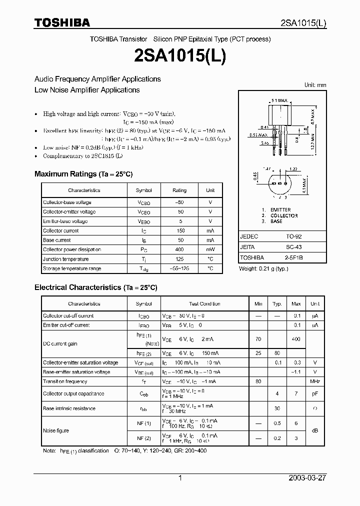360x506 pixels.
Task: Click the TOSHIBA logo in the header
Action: pyautogui.click(x=62, y=22)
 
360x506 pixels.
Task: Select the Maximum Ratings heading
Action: pyautogui.click(x=83, y=174)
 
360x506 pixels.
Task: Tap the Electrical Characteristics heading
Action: pyautogui.click(x=95, y=287)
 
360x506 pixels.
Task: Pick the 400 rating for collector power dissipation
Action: pyautogui.click(x=179, y=249)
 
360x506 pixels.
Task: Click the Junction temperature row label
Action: pyautogui.click(x=65, y=259)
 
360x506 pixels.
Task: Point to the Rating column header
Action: pyautogui.click(x=179, y=190)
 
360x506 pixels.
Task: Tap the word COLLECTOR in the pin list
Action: pyautogui.click(x=283, y=215)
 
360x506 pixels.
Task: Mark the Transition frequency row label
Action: pyautogui.click(x=65, y=381)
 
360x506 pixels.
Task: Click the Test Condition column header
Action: pyautogui.click(x=204, y=304)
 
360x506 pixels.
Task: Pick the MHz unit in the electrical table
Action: pyautogui.click(x=315, y=381)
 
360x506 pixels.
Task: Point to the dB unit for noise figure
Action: pyautogui.click(x=315, y=430)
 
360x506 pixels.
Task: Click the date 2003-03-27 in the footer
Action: pyautogui.click(x=307, y=478)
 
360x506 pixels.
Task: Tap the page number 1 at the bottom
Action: pyautogui.click(x=180, y=478)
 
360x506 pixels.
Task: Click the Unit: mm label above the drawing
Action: pyautogui.click(x=315, y=85)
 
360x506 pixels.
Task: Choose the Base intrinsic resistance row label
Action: pyautogui.click(x=69, y=408)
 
